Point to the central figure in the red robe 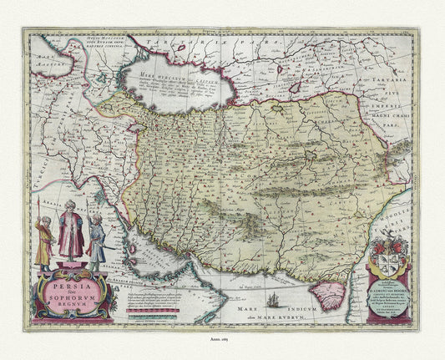coord(70,239)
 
